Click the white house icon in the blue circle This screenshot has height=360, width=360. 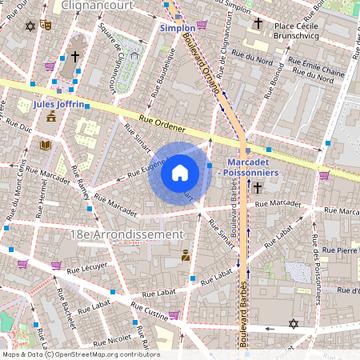pos(180,173)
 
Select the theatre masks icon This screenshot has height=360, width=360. pos(46,26)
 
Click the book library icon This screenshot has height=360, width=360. pos(45,145)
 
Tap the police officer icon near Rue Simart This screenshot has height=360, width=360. pos(186,256)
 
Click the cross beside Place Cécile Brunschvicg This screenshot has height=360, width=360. pos(258,25)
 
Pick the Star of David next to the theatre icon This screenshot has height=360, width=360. pos(31,26)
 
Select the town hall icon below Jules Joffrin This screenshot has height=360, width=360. pos(51,117)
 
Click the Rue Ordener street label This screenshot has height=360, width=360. pos(162,123)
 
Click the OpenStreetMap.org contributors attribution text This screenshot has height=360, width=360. pos(102,354)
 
